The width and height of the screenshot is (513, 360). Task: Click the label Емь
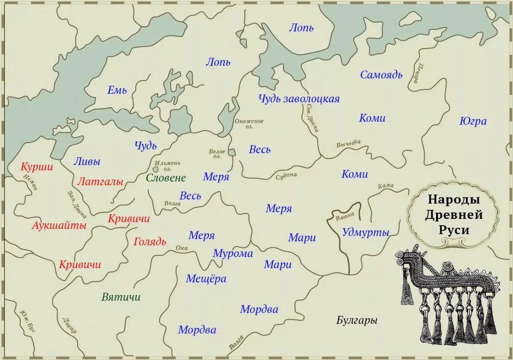pyautogui.click(x=117, y=90)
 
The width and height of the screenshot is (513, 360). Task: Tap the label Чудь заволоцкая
pyautogui.click(x=299, y=99)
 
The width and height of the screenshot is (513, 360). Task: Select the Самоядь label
pyautogui.click(x=381, y=75)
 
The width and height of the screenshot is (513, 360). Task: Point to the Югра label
pyautogui.click(x=473, y=121)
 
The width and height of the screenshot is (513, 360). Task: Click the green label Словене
pyautogui.click(x=166, y=178)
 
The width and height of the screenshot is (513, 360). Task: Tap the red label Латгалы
pyautogui.click(x=100, y=182)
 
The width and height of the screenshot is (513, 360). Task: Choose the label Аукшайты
pyautogui.click(x=59, y=225)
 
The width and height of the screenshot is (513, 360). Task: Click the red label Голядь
pyautogui.click(x=150, y=242)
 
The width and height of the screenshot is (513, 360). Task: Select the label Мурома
pyautogui.click(x=233, y=254)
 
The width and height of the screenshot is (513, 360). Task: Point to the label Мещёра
pyautogui.click(x=206, y=279)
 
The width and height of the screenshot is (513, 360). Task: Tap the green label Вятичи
pyautogui.click(x=121, y=297)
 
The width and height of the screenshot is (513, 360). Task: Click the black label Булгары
pyautogui.click(x=357, y=320)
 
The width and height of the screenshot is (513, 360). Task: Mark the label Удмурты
pyautogui.click(x=366, y=233)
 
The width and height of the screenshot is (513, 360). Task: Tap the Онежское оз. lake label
pyautogui.click(x=249, y=124)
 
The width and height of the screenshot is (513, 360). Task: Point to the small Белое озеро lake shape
pyautogui.click(x=231, y=153)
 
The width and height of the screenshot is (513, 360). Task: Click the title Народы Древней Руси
pyautogui.click(x=454, y=215)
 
